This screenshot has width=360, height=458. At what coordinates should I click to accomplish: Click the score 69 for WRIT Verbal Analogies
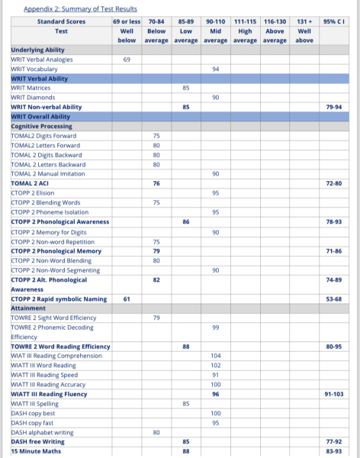click(127, 59)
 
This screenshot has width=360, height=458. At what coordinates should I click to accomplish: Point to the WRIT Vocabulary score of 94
click(216, 69)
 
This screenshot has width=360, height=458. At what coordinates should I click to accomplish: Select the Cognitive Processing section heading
click(42, 126)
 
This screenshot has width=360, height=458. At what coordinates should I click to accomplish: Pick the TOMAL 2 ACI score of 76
click(156, 184)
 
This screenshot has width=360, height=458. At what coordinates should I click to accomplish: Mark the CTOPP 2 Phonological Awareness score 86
click(186, 221)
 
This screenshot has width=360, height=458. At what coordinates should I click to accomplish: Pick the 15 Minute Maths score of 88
click(186, 451)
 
